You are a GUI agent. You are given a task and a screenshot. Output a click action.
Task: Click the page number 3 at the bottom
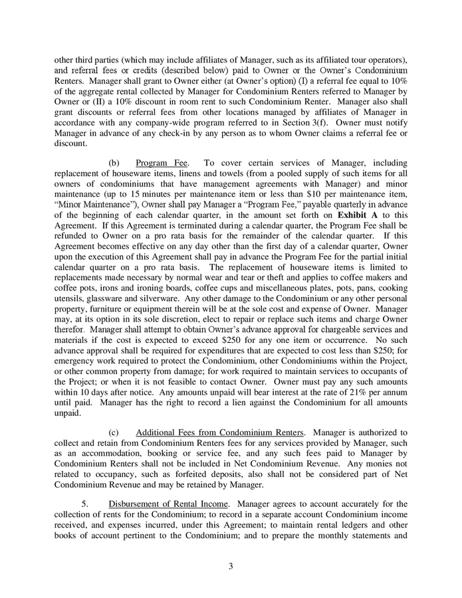(230, 566)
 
